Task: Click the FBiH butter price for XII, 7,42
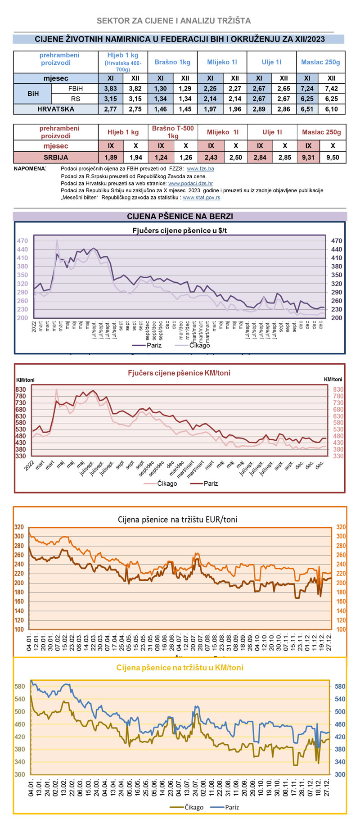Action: (332, 89)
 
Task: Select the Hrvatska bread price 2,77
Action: (110, 109)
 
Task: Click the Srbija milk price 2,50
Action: (235, 158)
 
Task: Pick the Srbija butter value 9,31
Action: (308, 158)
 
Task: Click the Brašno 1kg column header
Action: (172, 62)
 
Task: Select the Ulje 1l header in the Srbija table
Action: (272, 132)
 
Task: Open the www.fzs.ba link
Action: (200, 169)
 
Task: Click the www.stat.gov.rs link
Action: (202, 198)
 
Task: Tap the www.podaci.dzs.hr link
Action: (190, 184)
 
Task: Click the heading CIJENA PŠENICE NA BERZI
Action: (180, 217)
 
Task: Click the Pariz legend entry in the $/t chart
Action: (153, 345)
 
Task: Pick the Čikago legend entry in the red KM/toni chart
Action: (167, 484)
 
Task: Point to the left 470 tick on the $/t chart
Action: (22, 241)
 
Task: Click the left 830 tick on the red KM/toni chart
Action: (21, 389)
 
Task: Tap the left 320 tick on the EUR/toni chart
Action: (19, 527)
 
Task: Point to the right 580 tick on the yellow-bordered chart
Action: (340, 687)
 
